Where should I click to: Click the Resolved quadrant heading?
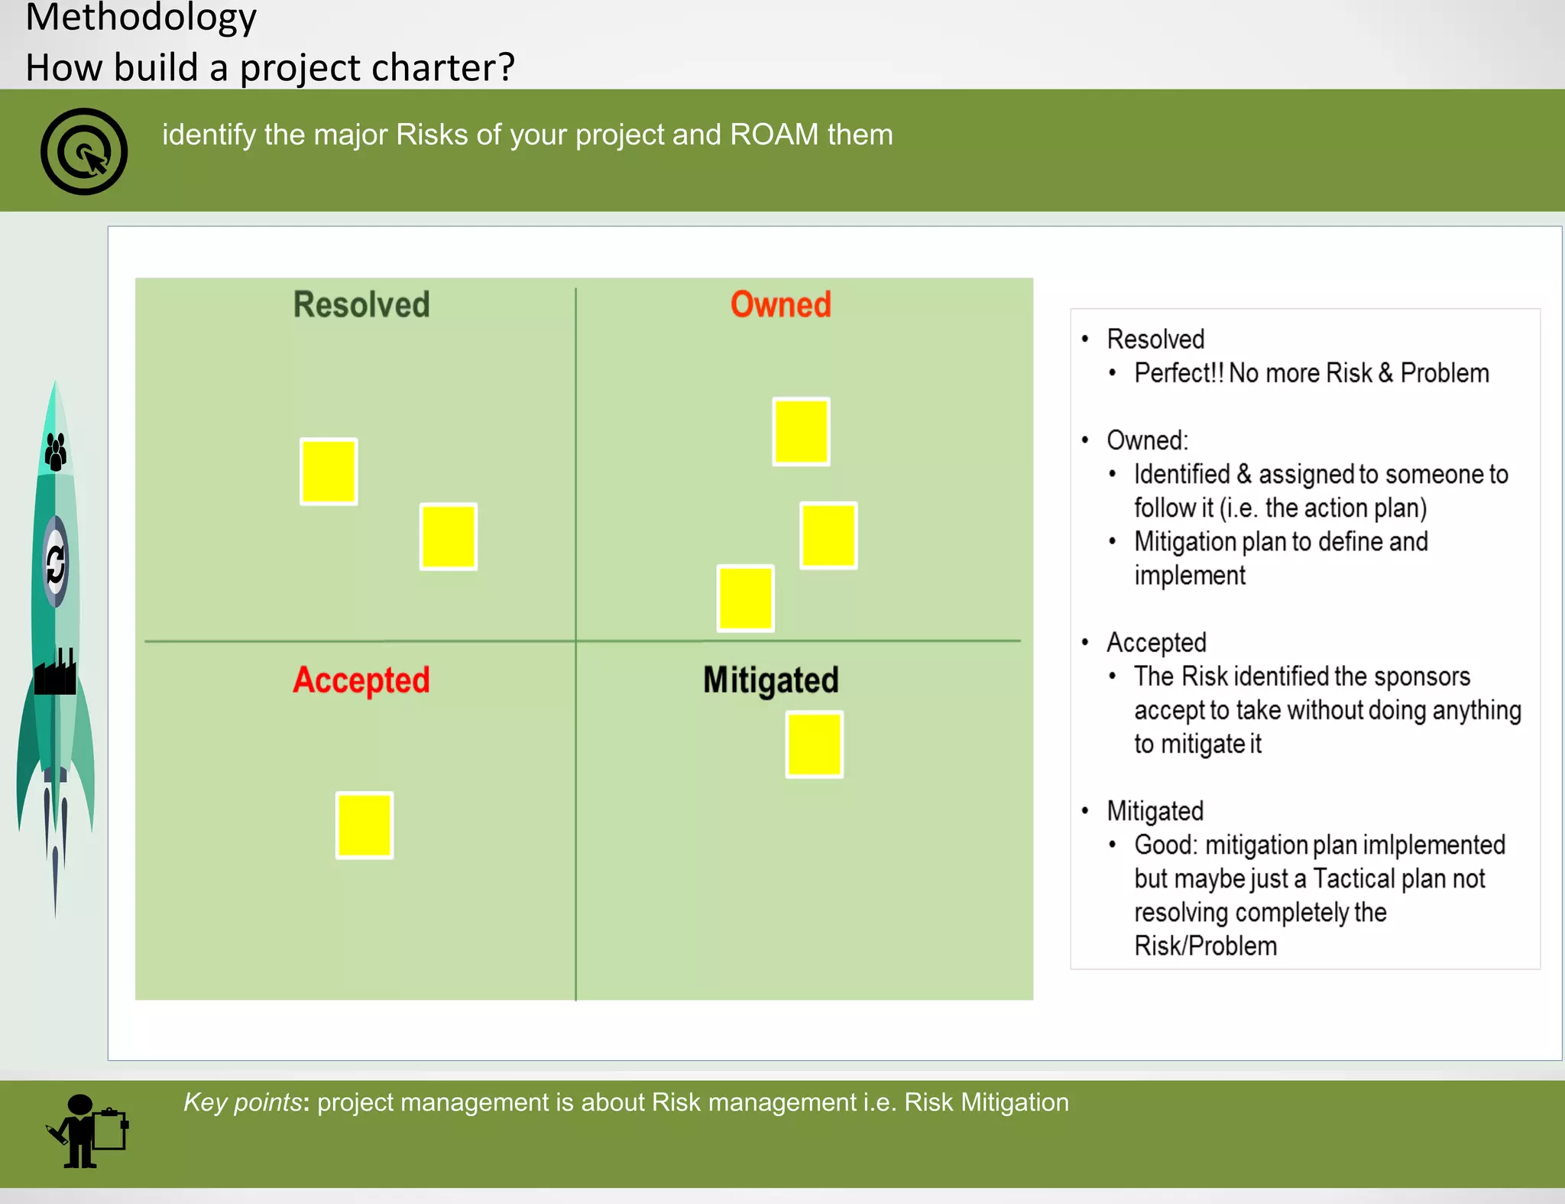pos(361,304)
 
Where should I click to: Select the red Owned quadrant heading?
pos(780,304)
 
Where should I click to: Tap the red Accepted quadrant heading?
pos(361,680)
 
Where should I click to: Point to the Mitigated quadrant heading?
pos(770,680)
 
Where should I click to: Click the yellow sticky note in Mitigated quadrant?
pos(815,745)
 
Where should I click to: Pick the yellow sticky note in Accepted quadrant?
pos(365,826)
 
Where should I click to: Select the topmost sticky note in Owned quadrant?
pos(801,431)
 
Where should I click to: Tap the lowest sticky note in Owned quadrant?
pos(746,599)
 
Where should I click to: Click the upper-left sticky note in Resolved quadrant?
pos(329,472)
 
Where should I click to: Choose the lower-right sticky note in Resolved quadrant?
pos(449,537)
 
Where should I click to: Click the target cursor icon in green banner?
pos(84,151)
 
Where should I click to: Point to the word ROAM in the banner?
pos(774,135)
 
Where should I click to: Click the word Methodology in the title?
pos(141,17)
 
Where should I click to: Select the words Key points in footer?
pos(242,1102)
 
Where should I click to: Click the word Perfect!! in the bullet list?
pos(1178,373)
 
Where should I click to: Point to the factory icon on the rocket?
pos(56,673)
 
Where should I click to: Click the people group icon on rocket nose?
pos(56,451)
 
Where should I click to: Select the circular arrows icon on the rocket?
pos(56,564)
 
